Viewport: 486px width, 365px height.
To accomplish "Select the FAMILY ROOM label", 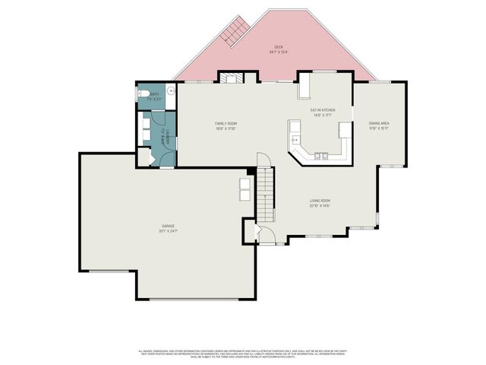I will click(x=226, y=123).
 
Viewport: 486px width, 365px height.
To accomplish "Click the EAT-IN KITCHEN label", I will click(x=323, y=110).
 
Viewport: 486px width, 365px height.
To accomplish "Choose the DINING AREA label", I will click(x=379, y=122).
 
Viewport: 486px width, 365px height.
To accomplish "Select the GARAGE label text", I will click(x=168, y=226).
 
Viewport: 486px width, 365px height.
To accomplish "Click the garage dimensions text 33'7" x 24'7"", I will click(x=168, y=230).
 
